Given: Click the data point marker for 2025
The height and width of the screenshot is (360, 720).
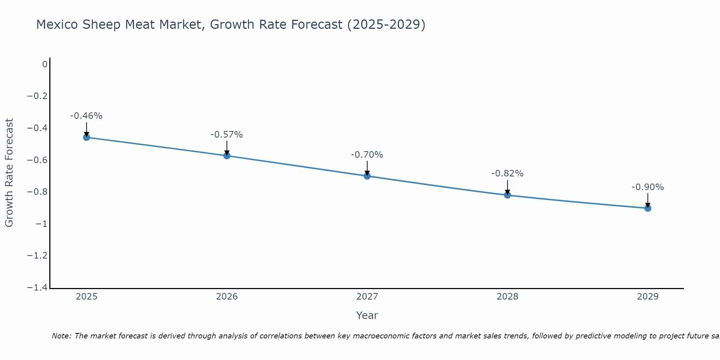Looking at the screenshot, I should (x=86, y=137).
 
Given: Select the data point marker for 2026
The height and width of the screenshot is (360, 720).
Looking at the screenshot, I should (x=227, y=156).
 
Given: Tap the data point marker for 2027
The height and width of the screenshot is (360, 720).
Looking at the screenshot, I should (x=367, y=176).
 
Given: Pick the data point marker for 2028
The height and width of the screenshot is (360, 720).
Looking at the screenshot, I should (x=508, y=195).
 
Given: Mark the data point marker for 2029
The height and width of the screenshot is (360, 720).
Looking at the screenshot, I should (x=648, y=208).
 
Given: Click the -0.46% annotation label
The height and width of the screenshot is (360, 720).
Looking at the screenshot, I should (x=86, y=116).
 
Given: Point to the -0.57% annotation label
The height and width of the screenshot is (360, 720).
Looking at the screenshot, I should (x=227, y=135).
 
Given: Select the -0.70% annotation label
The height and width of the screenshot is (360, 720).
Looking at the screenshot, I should (x=367, y=155).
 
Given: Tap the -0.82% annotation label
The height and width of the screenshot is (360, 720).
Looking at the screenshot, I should (x=508, y=174).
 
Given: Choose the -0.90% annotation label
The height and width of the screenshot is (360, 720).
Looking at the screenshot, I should (x=648, y=187).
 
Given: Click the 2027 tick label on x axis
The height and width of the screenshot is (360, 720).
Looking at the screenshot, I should (x=367, y=297).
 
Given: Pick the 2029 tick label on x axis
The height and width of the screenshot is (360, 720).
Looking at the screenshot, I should (x=648, y=297).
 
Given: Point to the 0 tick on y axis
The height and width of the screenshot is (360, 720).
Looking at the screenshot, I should (x=45, y=64).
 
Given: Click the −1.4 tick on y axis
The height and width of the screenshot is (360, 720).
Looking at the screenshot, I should (x=37, y=288).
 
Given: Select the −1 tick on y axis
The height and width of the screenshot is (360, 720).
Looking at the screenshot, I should (x=41, y=224).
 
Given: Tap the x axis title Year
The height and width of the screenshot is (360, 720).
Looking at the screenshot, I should (x=367, y=315).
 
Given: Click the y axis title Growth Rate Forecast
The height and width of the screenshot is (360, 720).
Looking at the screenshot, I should (x=9, y=173).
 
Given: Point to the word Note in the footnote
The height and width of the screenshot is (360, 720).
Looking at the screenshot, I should (x=62, y=336).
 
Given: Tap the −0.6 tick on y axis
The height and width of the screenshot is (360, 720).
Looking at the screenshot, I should (x=37, y=160).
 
